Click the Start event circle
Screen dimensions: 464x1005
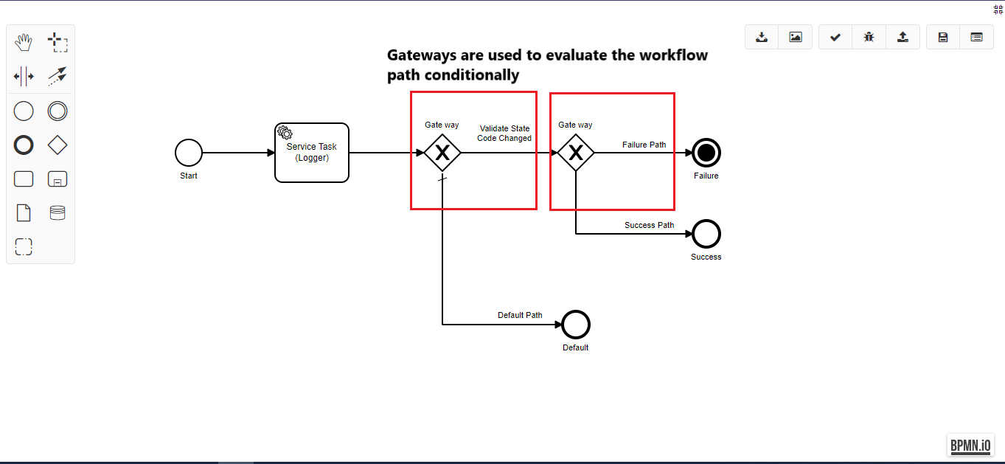189,153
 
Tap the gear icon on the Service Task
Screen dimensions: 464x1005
285,133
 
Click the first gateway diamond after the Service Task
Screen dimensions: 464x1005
442,153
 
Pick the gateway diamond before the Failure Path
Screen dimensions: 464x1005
576,153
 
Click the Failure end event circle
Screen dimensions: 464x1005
706,153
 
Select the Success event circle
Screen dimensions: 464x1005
706,234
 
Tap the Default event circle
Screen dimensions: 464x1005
576,325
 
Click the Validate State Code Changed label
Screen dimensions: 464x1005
504,134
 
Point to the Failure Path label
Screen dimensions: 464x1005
644,145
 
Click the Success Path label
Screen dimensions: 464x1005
649,225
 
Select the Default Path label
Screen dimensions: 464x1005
520,315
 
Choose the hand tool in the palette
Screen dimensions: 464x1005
24,42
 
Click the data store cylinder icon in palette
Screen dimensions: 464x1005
57,213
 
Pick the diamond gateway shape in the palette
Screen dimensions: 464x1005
57,145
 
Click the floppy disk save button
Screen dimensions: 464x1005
943,37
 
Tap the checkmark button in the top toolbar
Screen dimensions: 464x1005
835,37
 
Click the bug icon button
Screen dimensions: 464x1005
869,37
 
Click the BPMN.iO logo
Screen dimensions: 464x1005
971,445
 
